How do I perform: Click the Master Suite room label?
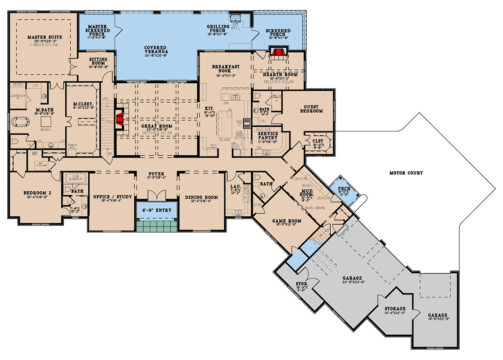click(x=45, y=37)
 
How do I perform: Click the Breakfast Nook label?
click(x=225, y=69)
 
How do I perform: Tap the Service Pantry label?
click(x=267, y=136)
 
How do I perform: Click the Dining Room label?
click(x=202, y=197)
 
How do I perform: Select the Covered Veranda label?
click(x=156, y=50)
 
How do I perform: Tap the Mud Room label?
click(x=308, y=192)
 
